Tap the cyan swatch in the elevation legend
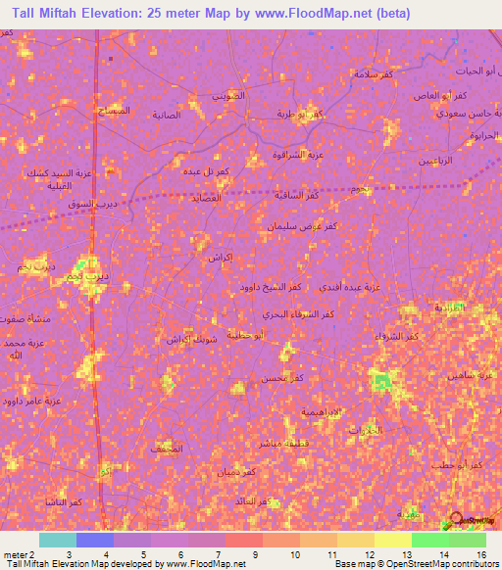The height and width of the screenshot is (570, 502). [x=57, y=540]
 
